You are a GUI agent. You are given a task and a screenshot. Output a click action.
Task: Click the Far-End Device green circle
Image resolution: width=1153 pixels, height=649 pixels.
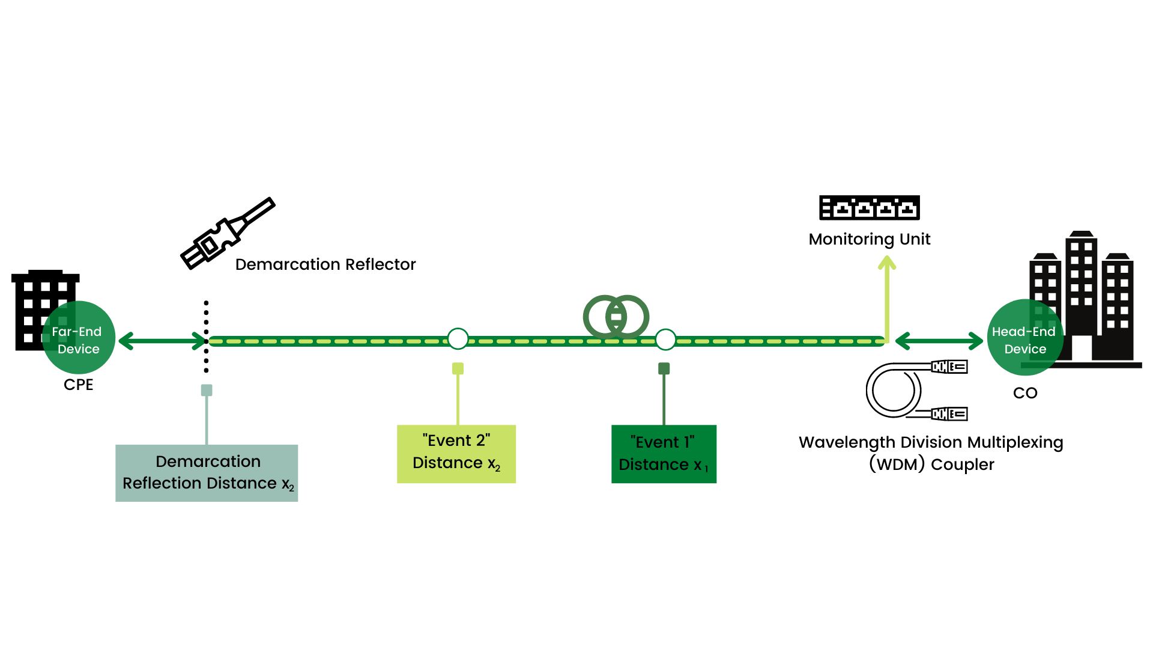[x=79, y=338]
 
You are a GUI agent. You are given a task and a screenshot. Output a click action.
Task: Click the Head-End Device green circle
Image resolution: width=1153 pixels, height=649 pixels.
[x=1024, y=338]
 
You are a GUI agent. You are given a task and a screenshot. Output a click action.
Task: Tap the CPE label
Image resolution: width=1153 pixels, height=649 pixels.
[x=79, y=385]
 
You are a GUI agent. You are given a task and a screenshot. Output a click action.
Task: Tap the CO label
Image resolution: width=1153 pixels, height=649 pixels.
[x=1024, y=393]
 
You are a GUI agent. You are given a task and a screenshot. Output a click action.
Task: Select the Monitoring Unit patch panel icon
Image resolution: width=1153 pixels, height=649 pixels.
[x=869, y=208]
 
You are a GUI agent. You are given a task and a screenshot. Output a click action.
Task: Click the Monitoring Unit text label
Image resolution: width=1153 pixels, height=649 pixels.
[x=869, y=239]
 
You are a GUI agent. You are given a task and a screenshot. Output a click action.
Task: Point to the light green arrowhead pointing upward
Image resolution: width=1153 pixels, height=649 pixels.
[x=887, y=263]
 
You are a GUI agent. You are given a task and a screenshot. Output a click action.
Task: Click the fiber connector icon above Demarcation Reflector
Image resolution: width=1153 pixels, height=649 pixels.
[x=227, y=234]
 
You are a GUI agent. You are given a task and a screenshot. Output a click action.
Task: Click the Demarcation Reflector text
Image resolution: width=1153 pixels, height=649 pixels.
[x=325, y=264]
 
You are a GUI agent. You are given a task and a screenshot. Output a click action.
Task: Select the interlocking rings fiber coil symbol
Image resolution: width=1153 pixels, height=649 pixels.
[x=616, y=316]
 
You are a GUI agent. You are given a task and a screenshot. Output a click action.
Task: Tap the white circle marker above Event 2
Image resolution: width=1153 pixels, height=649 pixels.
[x=458, y=339]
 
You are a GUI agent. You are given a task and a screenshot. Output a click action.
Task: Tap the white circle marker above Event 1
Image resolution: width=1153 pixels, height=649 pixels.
[x=665, y=340]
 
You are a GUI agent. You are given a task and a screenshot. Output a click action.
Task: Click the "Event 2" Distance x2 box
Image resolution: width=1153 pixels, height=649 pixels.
[x=456, y=454]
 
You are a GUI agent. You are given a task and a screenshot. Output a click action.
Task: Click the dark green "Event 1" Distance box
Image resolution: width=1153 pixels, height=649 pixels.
[x=664, y=454]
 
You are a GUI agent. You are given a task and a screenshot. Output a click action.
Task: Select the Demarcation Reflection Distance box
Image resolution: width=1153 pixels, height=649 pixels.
[x=207, y=473]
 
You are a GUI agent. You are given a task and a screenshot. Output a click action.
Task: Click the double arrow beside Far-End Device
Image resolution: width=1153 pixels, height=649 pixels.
[x=162, y=341]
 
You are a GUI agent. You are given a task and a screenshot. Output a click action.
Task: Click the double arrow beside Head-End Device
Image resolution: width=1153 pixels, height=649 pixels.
[x=939, y=341]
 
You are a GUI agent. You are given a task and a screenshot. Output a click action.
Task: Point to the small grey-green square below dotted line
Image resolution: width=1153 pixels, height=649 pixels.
[x=207, y=390]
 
